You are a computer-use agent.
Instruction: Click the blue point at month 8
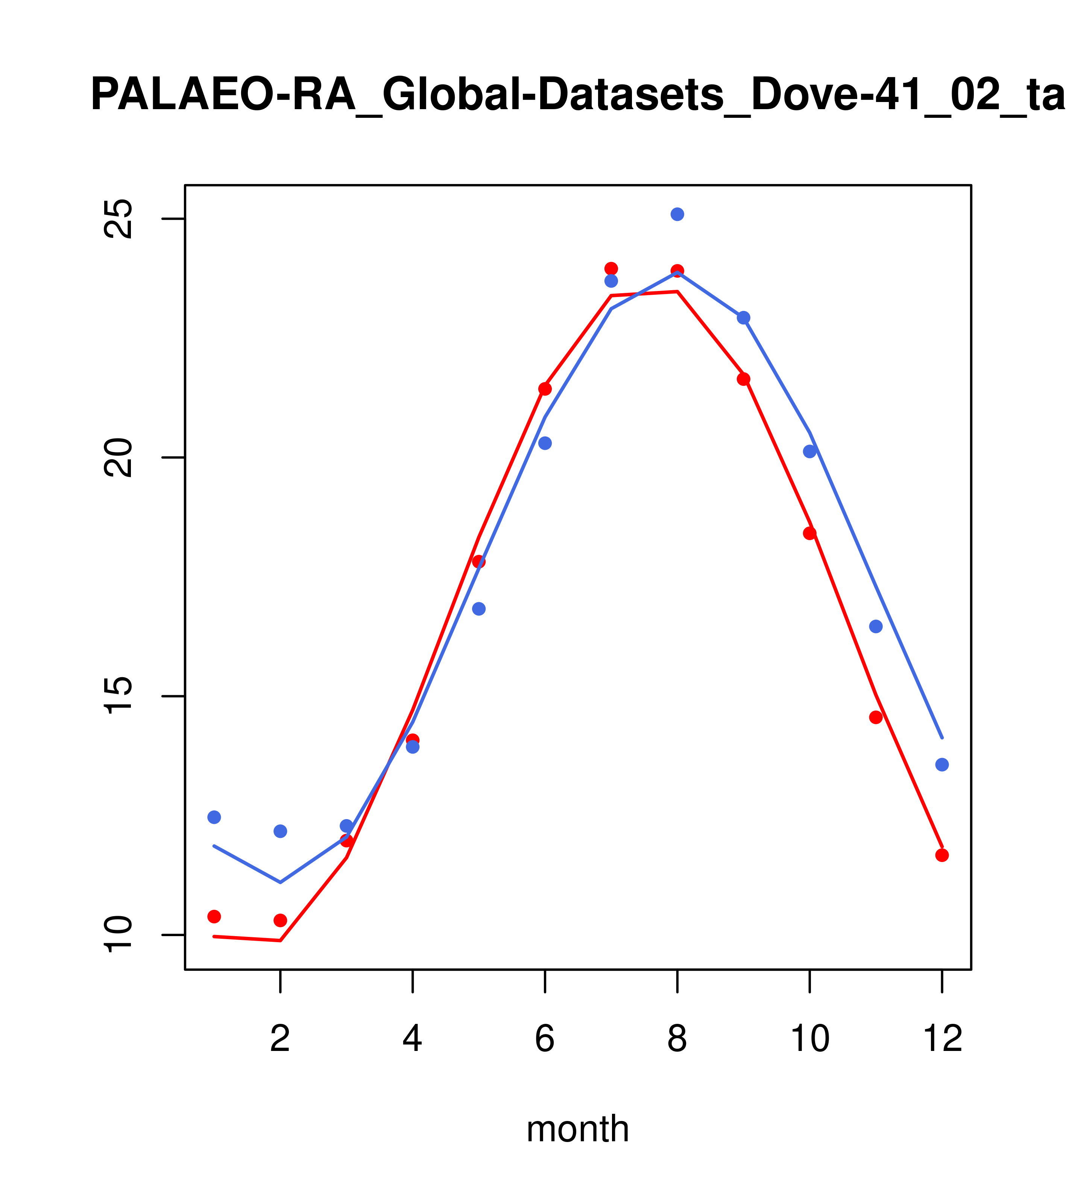coord(677,214)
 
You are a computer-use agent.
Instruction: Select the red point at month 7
coord(611,269)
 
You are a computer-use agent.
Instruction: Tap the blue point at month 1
coord(214,817)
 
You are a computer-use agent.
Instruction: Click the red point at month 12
coord(941,855)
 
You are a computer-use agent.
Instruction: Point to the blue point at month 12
coord(941,764)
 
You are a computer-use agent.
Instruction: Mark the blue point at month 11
coord(875,626)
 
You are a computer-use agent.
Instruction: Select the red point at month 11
coord(875,717)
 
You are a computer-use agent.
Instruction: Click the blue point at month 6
coord(545,443)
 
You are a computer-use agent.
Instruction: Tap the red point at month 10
coord(809,533)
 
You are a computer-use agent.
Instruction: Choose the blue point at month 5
coord(479,609)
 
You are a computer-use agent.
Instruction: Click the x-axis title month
coord(577,1128)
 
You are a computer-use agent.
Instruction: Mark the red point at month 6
coord(545,389)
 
